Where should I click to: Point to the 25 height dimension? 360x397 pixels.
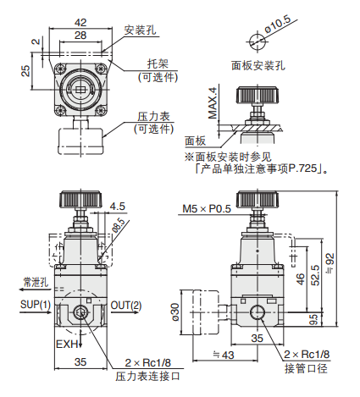tap(27, 72)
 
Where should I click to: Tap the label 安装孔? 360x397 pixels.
tap(141, 30)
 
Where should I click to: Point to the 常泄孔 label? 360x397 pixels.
tap(36, 281)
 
